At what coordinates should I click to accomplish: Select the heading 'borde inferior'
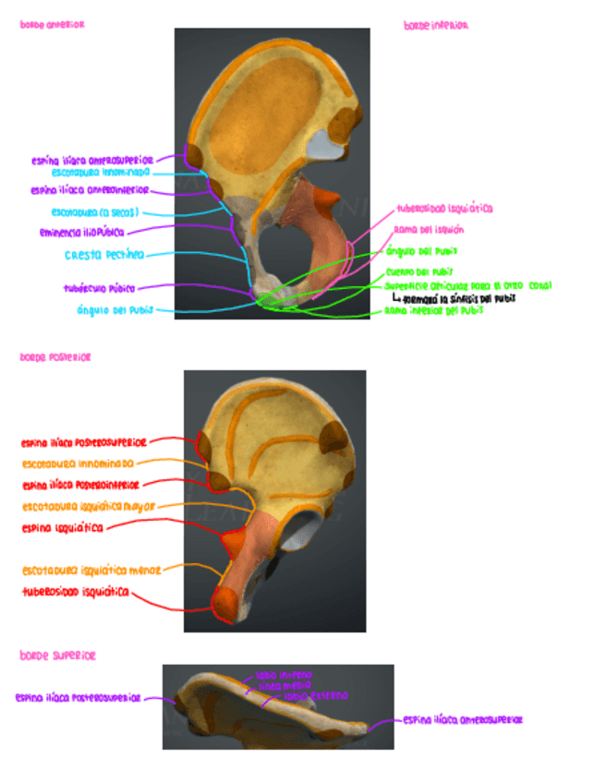436,26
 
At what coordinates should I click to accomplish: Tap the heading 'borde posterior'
55,356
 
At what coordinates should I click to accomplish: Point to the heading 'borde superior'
57,656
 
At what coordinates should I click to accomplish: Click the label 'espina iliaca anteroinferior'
89,191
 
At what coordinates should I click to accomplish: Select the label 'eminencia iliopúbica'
82,232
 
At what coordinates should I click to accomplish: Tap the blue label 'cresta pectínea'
103,255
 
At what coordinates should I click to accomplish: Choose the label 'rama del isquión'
429,229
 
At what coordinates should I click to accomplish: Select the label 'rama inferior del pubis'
433,311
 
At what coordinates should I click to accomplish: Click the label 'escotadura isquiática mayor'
89,506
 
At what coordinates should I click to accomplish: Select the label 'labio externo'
316,695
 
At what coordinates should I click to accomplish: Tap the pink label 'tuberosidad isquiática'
444,209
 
